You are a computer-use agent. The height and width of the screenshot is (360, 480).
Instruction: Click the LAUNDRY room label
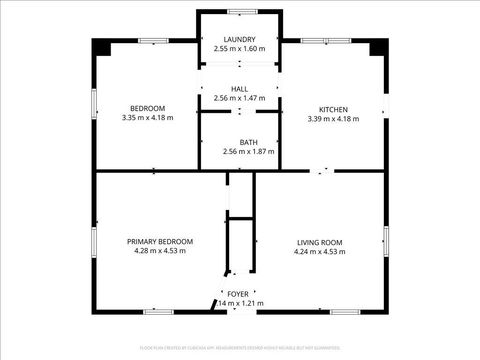[x=239, y=39]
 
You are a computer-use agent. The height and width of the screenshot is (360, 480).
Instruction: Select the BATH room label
[x=239, y=142]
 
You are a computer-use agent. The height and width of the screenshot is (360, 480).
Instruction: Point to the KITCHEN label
[x=333, y=109]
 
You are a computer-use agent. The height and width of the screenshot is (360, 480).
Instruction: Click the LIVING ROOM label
[x=320, y=242]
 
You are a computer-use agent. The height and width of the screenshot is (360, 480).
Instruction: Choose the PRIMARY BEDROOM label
[x=160, y=242]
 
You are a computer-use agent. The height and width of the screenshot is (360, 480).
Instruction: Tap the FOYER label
[x=238, y=293]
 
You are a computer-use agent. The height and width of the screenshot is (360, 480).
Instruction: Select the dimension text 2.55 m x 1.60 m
[x=239, y=48]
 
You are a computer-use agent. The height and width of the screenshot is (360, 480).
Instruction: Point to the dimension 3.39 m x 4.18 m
[x=333, y=118]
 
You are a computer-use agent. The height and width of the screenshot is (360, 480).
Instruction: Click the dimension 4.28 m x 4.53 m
[x=160, y=251]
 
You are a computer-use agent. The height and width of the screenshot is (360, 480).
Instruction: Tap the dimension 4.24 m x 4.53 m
[x=320, y=251]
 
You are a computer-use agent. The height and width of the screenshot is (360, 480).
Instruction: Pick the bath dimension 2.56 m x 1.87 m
[x=239, y=151]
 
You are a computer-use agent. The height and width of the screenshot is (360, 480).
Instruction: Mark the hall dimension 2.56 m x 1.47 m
[x=239, y=98]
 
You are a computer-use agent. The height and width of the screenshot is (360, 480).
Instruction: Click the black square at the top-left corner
[x=101, y=47]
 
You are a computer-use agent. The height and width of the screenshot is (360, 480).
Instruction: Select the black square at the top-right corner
[x=377, y=47]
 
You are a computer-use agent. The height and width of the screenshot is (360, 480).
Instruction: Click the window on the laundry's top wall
[x=239, y=11]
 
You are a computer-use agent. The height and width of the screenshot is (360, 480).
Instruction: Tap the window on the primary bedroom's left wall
[x=94, y=241]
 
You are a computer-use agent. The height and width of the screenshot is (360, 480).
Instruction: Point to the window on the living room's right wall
[x=385, y=241]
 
